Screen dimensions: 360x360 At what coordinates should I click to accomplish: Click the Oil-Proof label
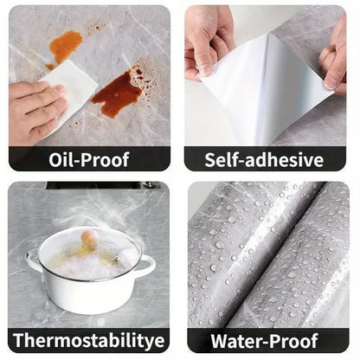[89, 160]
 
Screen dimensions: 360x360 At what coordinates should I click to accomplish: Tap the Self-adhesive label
[265, 160]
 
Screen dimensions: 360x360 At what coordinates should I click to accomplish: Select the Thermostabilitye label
[89, 340]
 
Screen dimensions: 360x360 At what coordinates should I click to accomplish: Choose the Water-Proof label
[265, 340]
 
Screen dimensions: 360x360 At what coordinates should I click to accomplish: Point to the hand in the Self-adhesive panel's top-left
[207, 39]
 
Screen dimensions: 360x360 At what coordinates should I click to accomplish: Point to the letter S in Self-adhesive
[212, 160]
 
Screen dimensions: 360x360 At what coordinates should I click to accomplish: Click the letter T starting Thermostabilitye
[18, 340]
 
